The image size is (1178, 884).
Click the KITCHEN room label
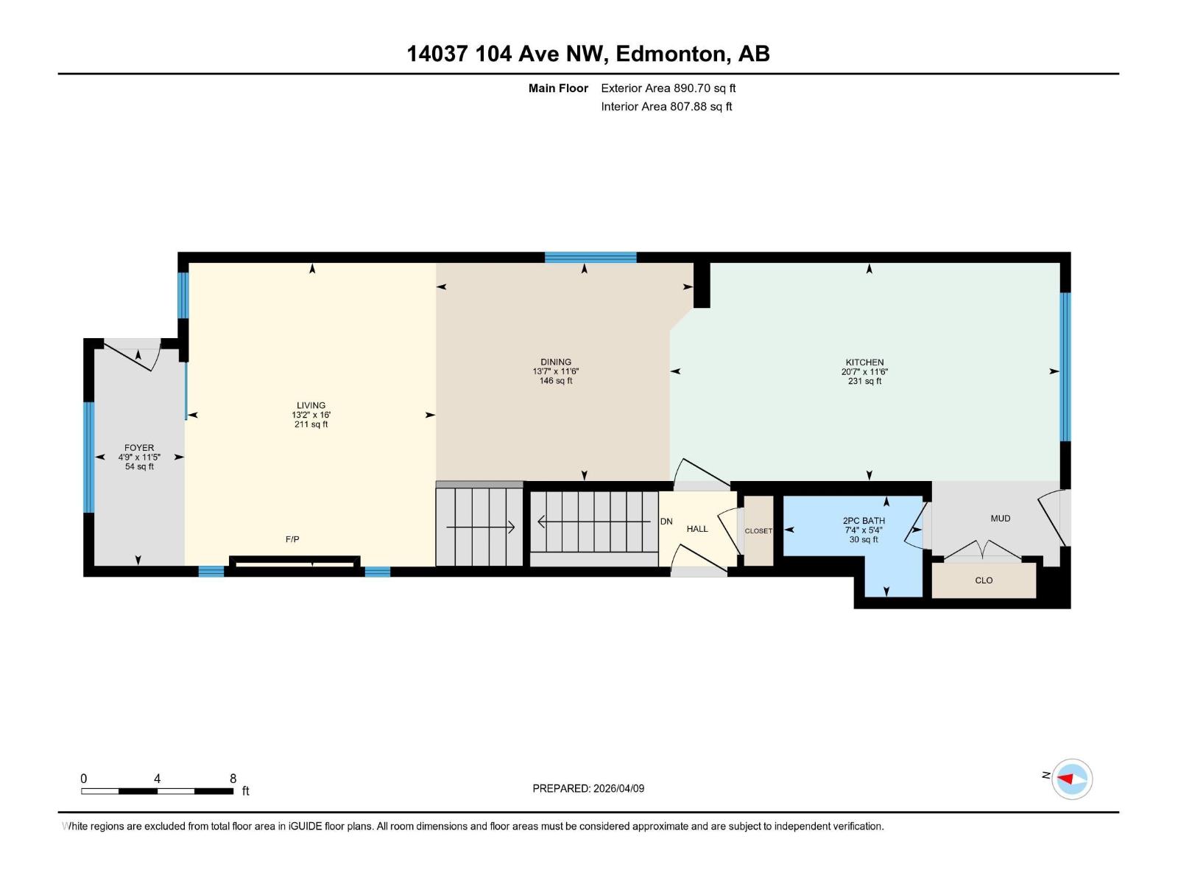click(864, 362)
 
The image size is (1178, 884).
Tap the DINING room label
click(556, 362)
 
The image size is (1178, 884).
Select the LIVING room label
click(311, 405)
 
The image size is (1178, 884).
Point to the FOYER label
click(139, 447)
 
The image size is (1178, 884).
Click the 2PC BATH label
click(864, 521)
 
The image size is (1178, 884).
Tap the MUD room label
click(1000, 518)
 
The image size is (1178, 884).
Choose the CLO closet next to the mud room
click(984, 580)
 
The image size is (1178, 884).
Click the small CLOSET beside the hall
click(758, 531)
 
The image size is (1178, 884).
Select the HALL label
click(696, 529)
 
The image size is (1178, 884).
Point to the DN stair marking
click(666, 522)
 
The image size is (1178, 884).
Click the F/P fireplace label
click(292, 539)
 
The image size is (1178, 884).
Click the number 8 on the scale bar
click(233, 779)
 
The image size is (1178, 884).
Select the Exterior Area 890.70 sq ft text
click(668, 88)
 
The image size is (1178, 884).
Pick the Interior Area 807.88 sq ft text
click(666, 106)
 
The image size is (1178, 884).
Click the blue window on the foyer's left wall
click(89, 457)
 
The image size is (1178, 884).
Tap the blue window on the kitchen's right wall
click(1065, 366)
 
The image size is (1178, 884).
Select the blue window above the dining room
click(590, 257)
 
